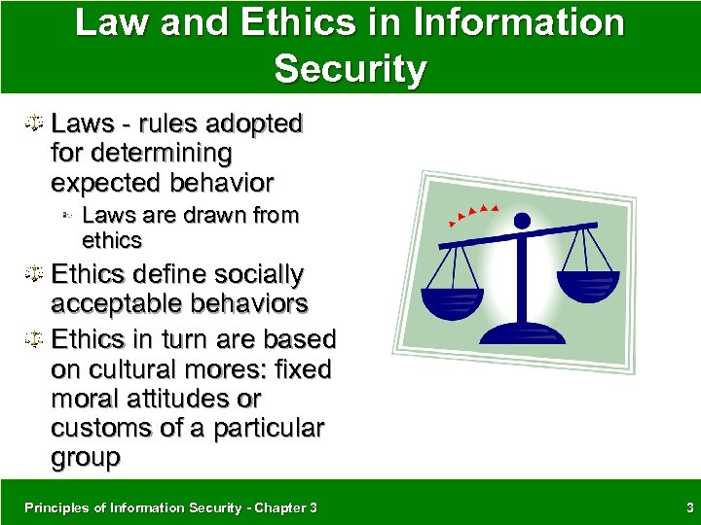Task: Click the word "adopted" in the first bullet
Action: pyautogui.click(x=255, y=124)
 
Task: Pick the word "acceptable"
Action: pyautogui.click(x=112, y=304)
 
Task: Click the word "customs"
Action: pyautogui.click(x=102, y=429)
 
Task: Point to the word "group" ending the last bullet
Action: pyautogui.click(x=86, y=458)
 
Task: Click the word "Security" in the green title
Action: pyautogui.click(x=350, y=69)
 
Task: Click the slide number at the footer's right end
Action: pyautogui.click(x=687, y=507)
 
